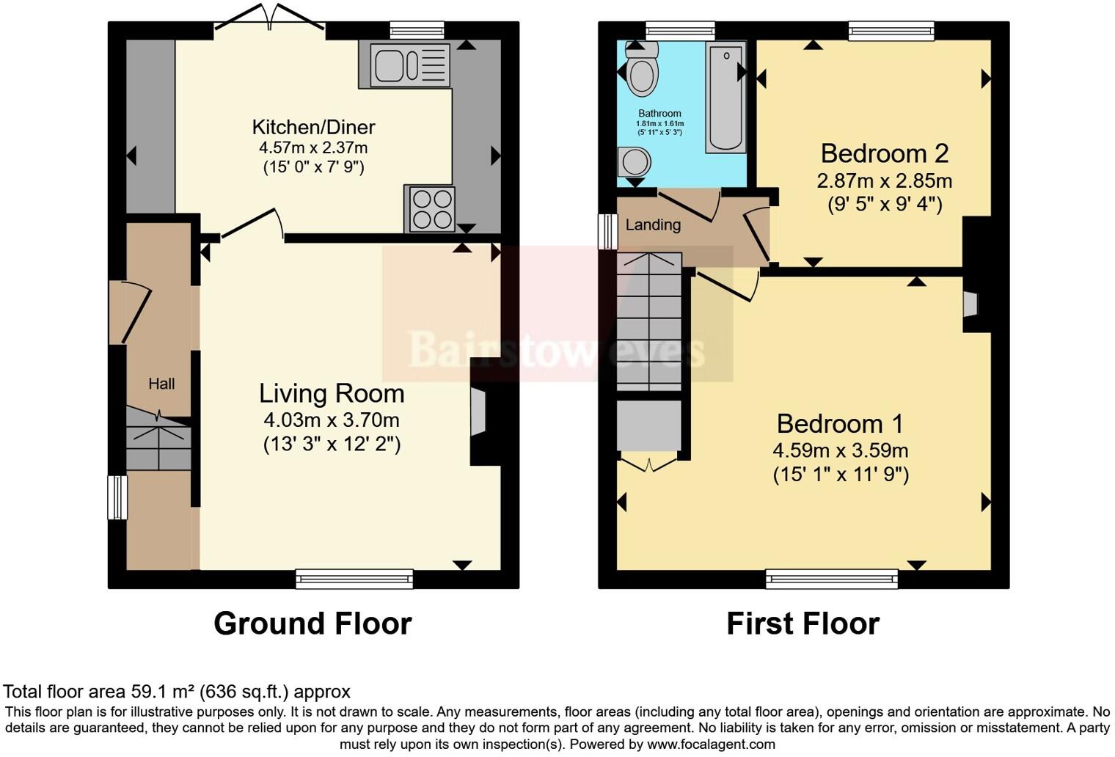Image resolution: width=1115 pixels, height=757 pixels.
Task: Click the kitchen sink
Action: pos(410,65)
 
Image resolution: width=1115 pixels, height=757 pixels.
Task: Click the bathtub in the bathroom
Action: pos(725,98)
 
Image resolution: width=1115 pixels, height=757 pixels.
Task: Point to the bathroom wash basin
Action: pos(633,162)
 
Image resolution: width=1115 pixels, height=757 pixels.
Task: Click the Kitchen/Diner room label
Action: pos(313,127)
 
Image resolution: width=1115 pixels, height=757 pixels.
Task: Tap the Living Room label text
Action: pos(332,394)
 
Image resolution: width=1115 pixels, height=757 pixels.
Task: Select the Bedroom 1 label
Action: pos(840,424)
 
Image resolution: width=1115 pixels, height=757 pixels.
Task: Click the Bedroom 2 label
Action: pos(884,153)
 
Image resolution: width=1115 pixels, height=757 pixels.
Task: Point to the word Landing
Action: pos(653,225)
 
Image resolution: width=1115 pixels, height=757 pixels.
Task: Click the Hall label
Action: pos(161,384)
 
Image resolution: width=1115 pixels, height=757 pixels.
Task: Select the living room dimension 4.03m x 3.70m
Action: pos(332,420)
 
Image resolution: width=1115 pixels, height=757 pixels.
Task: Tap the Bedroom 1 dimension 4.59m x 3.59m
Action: pos(840,450)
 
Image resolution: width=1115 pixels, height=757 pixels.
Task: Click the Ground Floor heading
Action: pos(312,623)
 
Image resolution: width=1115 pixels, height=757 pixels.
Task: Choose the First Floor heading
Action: pos(803,623)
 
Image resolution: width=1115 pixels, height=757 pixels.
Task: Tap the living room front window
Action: pos(354,579)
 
